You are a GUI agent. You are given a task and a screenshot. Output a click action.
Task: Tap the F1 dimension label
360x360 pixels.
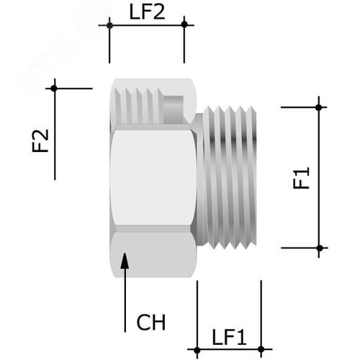point(302,178)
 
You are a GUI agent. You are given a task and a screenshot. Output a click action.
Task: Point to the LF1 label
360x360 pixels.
point(229,336)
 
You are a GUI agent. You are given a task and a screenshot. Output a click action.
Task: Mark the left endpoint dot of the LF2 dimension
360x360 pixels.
point(109,25)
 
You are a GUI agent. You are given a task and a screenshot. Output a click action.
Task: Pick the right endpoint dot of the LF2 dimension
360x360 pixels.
point(184,25)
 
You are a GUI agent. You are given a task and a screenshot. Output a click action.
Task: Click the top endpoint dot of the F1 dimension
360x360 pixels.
point(320,107)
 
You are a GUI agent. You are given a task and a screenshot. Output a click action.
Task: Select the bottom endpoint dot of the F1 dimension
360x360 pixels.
point(320,248)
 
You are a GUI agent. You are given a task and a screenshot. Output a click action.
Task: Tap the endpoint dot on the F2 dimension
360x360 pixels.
point(54,89)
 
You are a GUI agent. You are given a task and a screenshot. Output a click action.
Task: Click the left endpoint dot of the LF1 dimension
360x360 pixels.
point(197,351)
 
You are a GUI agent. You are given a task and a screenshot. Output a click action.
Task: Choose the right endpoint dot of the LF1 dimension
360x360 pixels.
point(261,351)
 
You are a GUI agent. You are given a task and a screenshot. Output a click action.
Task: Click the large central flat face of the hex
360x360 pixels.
point(153,176)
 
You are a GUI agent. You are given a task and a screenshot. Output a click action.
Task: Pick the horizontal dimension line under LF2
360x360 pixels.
point(147,25)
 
